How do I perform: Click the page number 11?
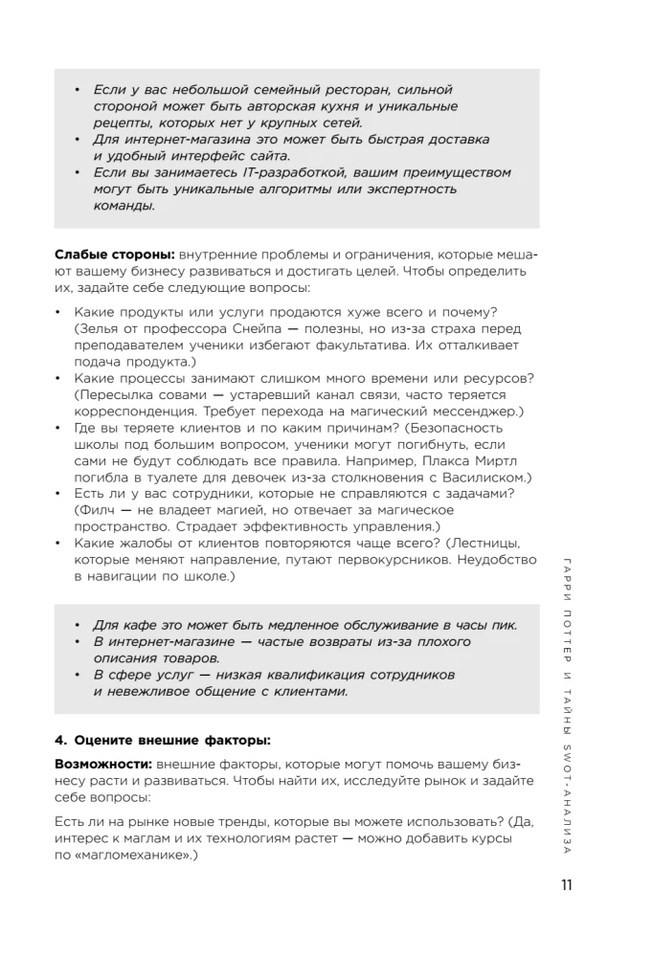(566, 885)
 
